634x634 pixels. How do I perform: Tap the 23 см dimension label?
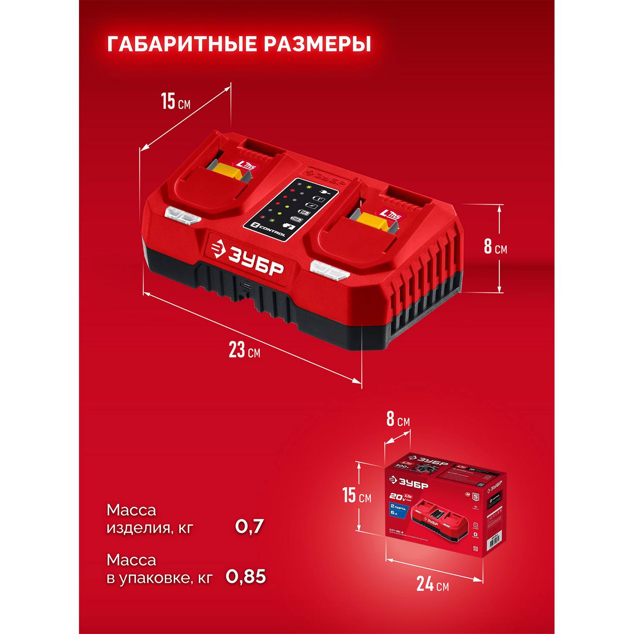click(x=244, y=350)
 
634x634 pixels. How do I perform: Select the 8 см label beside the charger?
click(x=495, y=247)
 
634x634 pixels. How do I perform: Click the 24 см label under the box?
click(x=432, y=584)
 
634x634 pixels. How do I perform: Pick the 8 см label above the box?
click(x=398, y=419)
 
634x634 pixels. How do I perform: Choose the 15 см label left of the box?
click(x=356, y=495)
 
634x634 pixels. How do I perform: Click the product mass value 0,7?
click(x=249, y=527)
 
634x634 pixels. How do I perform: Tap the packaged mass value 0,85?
click(x=246, y=577)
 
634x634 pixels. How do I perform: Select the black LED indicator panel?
click(x=291, y=210)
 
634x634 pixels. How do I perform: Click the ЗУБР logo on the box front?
click(x=408, y=482)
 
